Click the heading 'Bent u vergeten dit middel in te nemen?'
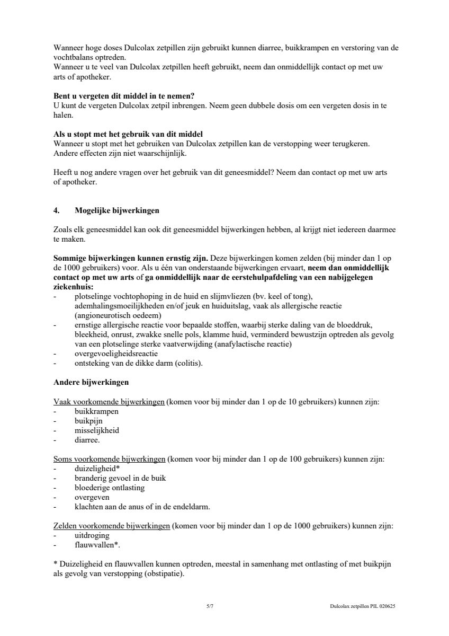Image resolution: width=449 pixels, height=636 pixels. (x=124, y=96)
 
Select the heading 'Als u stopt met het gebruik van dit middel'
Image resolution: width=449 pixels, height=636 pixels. (x=128, y=134)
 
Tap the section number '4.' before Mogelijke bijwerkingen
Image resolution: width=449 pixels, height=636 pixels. (x=57, y=210)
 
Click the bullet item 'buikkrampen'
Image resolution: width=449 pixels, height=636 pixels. (x=96, y=411)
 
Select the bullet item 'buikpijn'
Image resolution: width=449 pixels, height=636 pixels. (x=88, y=421)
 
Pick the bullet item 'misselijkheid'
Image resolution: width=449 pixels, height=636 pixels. (x=97, y=430)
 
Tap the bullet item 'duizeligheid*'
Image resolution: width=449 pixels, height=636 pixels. (x=97, y=469)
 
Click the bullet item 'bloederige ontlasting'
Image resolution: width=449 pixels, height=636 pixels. (x=110, y=488)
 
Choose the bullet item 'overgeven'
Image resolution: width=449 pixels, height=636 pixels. (x=92, y=497)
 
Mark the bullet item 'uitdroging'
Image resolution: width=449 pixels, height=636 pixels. (x=92, y=535)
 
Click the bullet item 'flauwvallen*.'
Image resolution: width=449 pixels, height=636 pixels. (x=97, y=545)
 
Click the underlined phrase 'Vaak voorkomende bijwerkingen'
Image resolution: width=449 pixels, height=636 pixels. (x=109, y=402)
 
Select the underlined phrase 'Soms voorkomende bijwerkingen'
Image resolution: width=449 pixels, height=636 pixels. (x=109, y=459)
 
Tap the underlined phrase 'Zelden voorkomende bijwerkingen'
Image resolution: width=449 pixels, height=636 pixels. (x=112, y=526)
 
